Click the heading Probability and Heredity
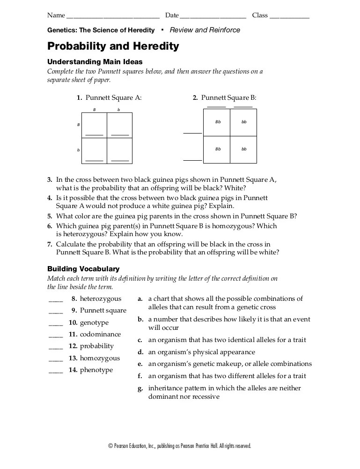(113, 46)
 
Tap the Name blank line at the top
(113, 17)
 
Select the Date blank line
(213, 17)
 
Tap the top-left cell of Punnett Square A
(94, 126)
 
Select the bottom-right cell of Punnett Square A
(120, 151)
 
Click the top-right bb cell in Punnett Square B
(243, 122)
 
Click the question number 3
(50, 179)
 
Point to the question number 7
(50, 245)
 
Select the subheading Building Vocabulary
(83, 269)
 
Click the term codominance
(100, 335)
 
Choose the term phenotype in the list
(96, 370)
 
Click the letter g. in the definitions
(140, 388)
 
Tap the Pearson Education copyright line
(180, 446)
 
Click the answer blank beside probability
(55, 348)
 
